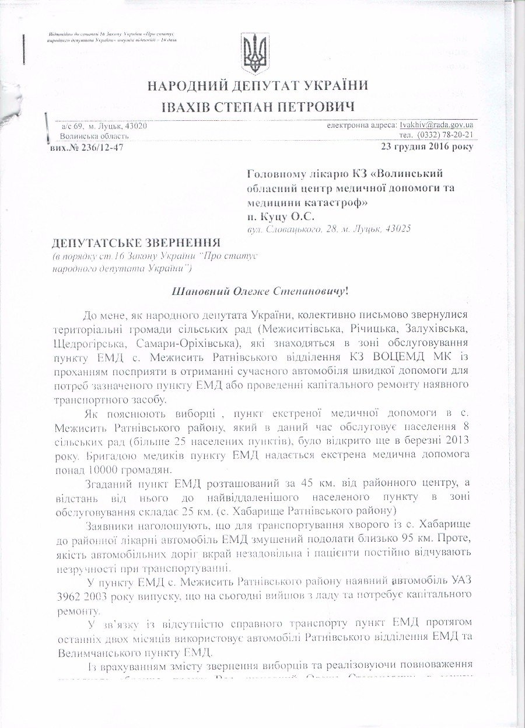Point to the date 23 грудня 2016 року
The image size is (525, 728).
click(x=427, y=146)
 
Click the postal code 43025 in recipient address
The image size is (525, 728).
click(x=397, y=229)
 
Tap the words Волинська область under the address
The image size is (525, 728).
click(x=95, y=136)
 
